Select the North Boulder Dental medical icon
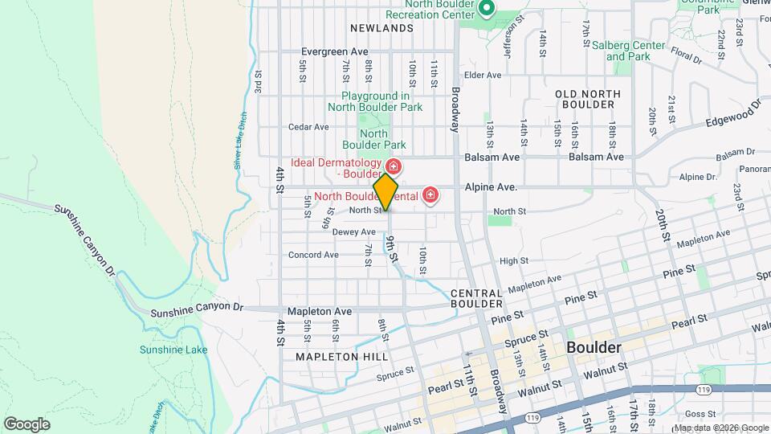pos(430,195)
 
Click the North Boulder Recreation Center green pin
pos(486,10)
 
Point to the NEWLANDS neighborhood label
pos(387,28)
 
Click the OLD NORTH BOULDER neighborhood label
pos(588,99)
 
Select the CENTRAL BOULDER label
pos(476,299)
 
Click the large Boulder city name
pos(594,348)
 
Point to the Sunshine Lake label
pos(173,350)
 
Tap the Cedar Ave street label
pos(309,127)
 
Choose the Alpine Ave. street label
pos(491,186)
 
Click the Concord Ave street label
pos(313,255)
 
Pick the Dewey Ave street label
pos(353,231)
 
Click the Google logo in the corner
pos(27,424)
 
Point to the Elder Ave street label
pos(483,75)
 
